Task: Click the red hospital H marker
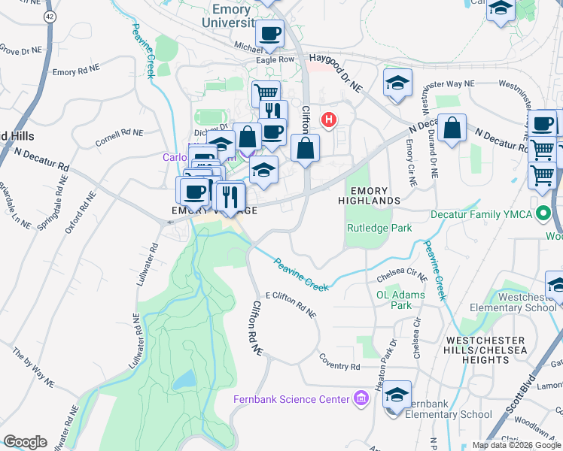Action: coord(328,119)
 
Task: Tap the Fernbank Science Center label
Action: coord(291,399)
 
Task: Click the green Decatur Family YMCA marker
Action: coord(543,214)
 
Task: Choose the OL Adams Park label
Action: coord(400,300)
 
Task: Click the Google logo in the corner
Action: coord(26,441)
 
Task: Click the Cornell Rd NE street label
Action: coord(119,138)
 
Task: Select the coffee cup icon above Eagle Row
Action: coord(269,33)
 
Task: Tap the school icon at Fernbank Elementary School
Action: coord(397,394)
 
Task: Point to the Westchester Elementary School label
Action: coord(513,302)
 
